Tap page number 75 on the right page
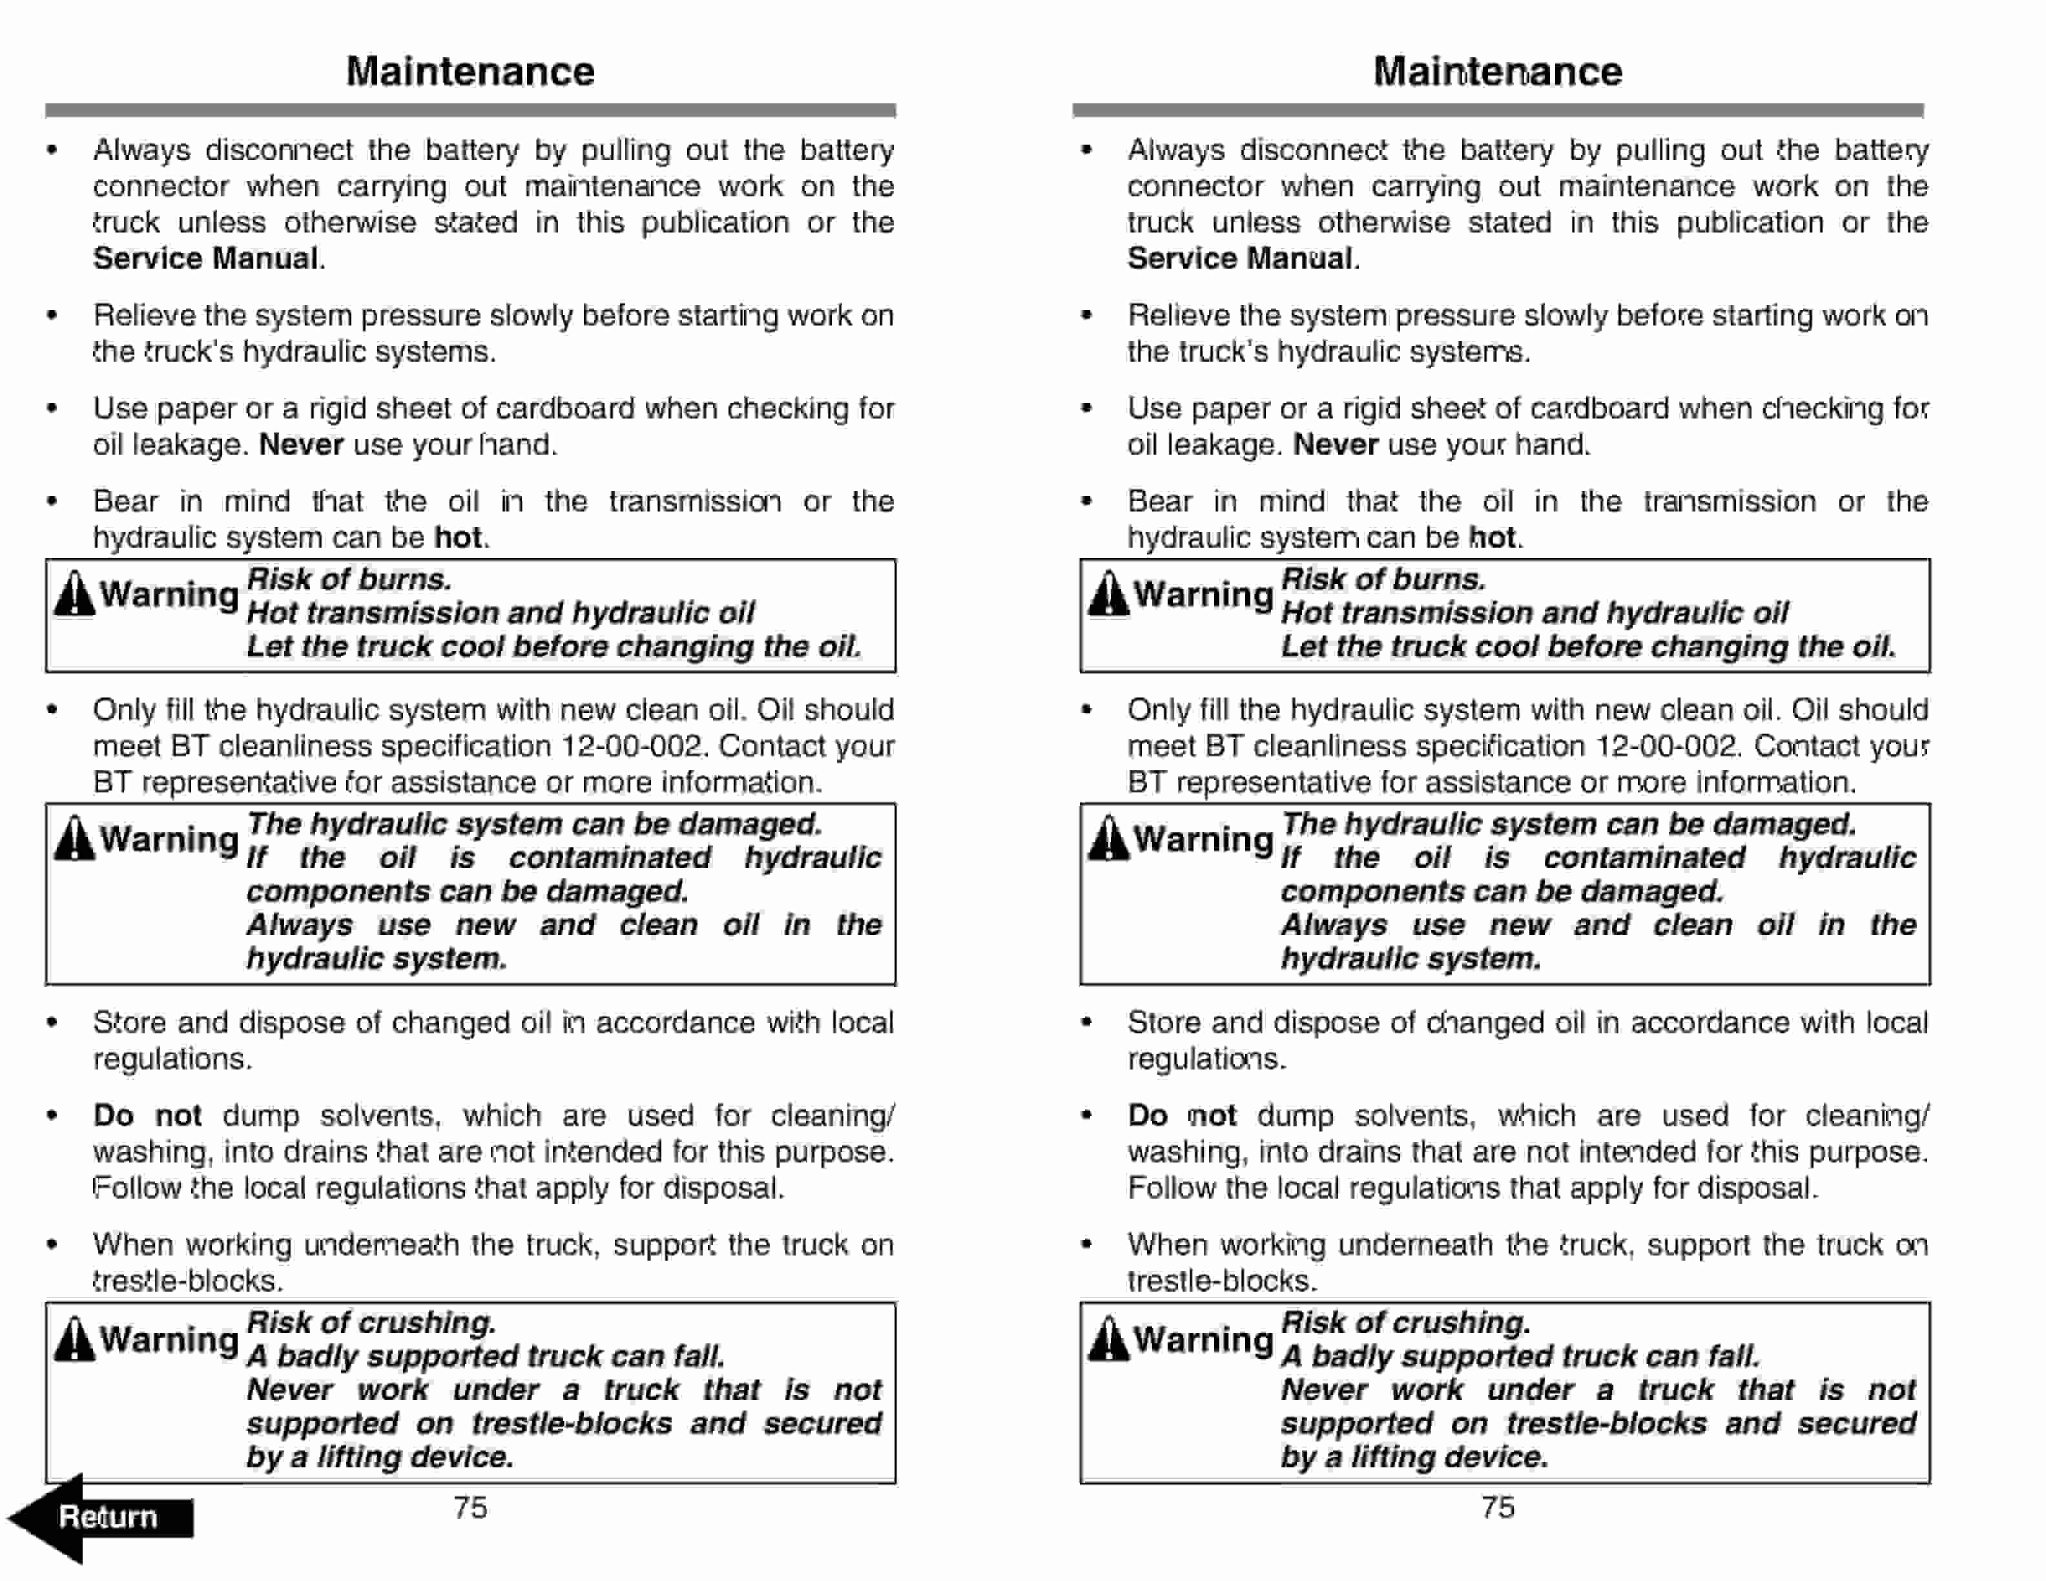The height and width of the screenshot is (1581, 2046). pyautogui.click(x=1497, y=1507)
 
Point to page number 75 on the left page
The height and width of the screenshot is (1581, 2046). pyautogui.click(x=470, y=1507)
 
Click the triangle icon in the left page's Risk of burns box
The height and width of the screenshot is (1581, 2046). pyautogui.click(x=74, y=595)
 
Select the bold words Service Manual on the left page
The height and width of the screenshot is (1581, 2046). pyautogui.click(x=205, y=258)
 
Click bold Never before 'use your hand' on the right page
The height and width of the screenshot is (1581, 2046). pyautogui.click(x=1335, y=444)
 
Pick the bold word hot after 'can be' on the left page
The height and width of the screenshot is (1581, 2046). pyautogui.click(x=458, y=537)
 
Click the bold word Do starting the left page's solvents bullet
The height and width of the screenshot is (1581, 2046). pyautogui.click(x=114, y=1115)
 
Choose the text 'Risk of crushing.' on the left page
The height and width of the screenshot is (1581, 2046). pyautogui.click(x=371, y=1323)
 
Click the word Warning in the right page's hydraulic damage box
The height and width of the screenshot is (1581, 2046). pyautogui.click(x=1203, y=839)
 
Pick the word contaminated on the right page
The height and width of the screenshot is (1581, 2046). pyautogui.click(x=1644, y=858)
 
